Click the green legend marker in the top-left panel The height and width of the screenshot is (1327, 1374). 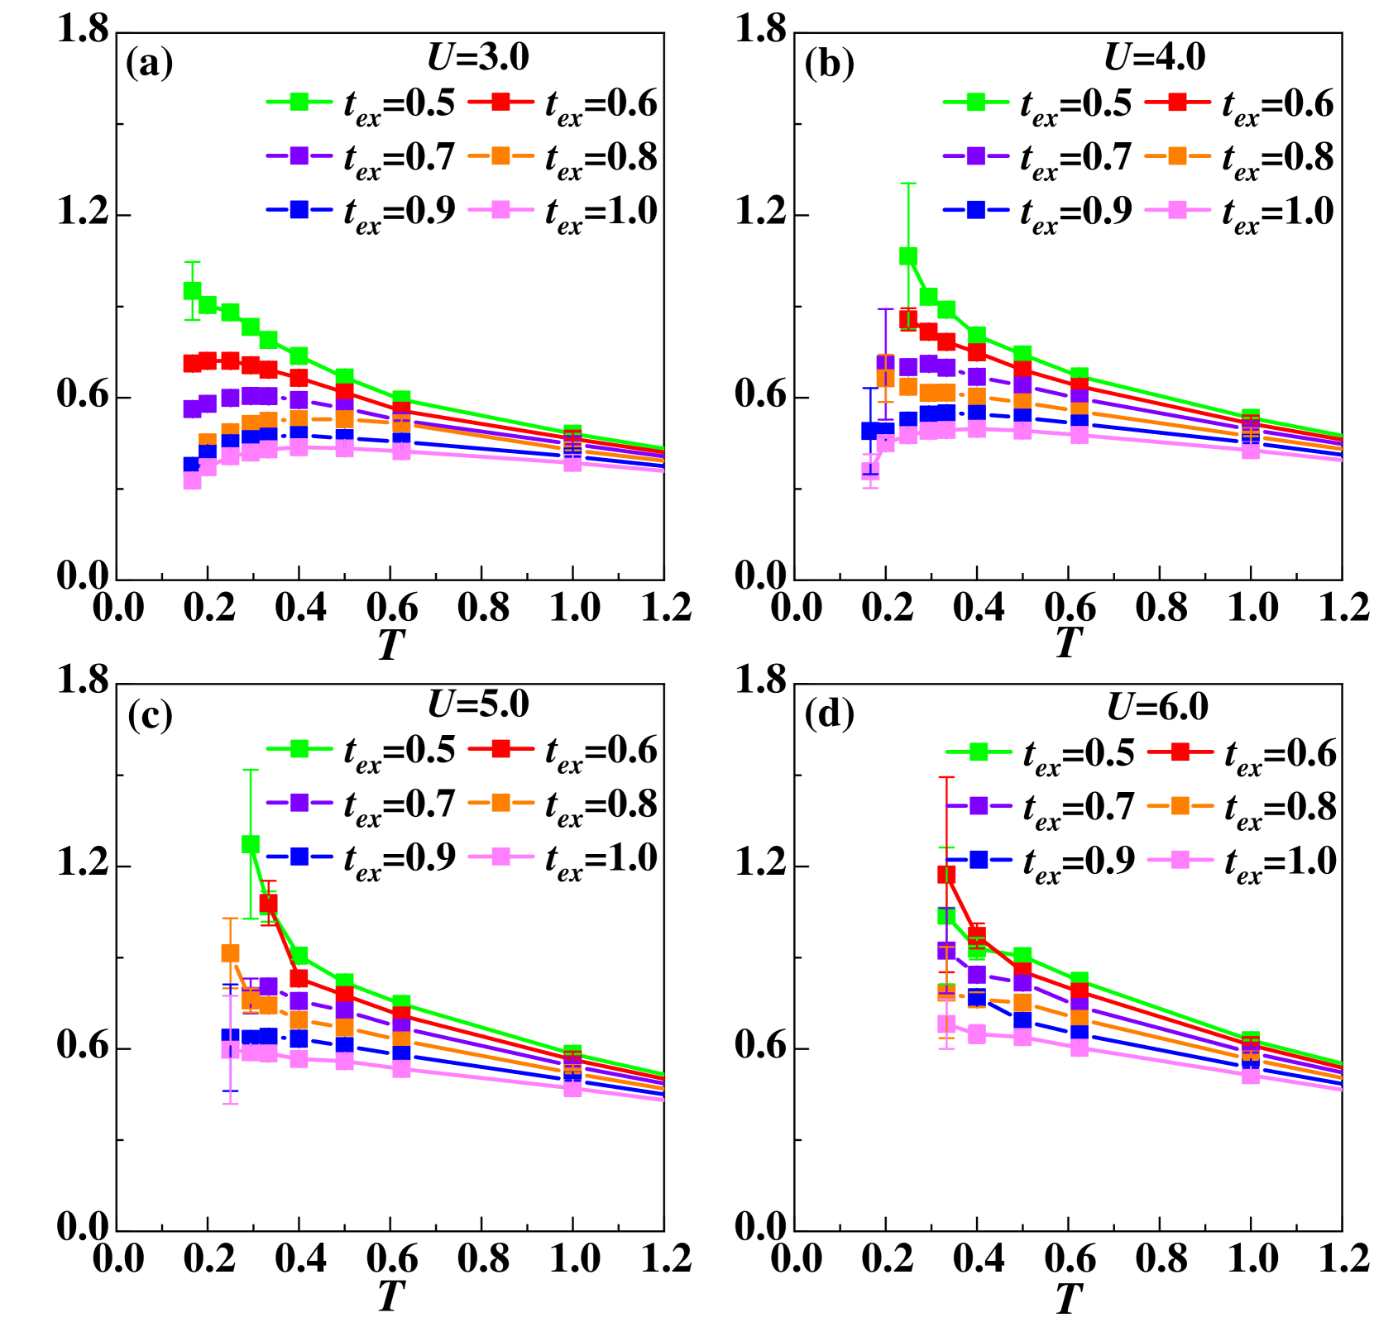pyautogui.click(x=299, y=102)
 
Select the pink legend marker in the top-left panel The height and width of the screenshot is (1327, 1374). pyautogui.click(x=500, y=209)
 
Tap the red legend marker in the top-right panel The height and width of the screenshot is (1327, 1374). pyautogui.click(x=1177, y=102)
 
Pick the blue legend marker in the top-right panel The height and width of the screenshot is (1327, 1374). pyautogui.click(x=976, y=209)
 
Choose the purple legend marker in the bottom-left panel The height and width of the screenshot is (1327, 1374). pyautogui.click(x=299, y=802)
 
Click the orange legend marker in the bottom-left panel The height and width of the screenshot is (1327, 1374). pyautogui.click(x=500, y=802)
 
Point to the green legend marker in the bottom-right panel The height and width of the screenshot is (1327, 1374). pyautogui.click(x=979, y=752)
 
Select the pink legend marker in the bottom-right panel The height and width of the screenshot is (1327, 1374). pyautogui.click(x=1180, y=860)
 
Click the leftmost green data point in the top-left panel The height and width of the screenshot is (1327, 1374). pyautogui.click(x=192, y=290)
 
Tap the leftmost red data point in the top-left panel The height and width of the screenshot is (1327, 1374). pyautogui.click(x=192, y=363)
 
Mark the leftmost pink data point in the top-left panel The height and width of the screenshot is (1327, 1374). pyautogui.click(x=192, y=480)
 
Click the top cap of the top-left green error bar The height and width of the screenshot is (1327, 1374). pyautogui.click(x=192, y=262)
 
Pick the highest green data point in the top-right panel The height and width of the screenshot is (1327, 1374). pyautogui.click(x=908, y=255)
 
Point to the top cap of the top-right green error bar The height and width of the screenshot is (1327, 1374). pyautogui.click(x=908, y=184)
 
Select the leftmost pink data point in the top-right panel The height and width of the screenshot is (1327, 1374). pyautogui.click(x=870, y=470)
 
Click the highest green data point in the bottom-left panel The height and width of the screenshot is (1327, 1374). pyautogui.click(x=251, y=843)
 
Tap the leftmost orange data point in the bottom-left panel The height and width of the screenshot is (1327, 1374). pyautogui.click(x=230, y=952)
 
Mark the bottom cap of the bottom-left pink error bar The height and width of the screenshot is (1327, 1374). pyautogui.click(x=230, y=1104)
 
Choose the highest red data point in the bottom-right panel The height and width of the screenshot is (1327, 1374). pyautogui.click(x=946, y=874)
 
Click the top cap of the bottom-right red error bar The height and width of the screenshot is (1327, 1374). pyautogui.click(x=946, y=777)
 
